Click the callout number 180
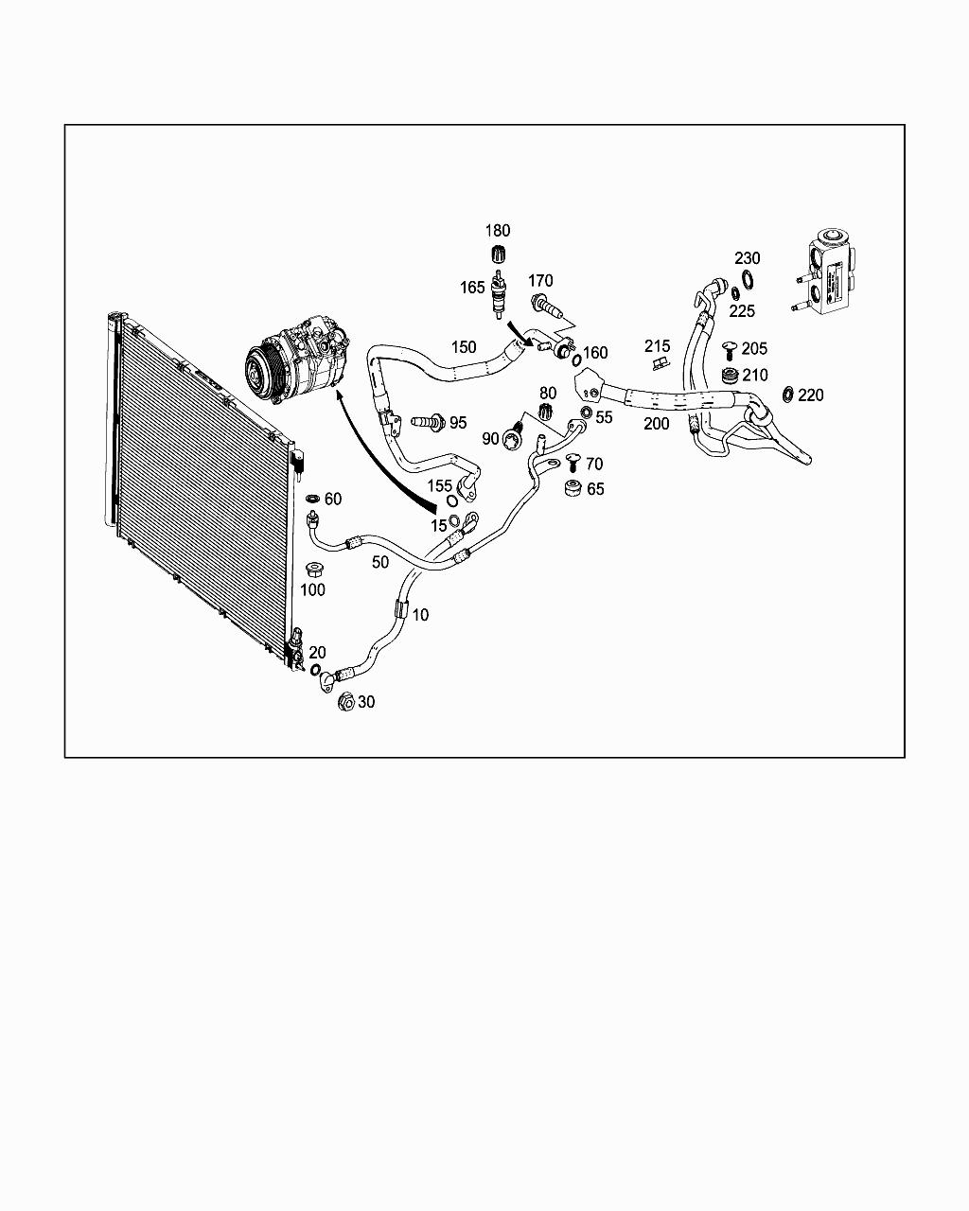pyautogui.click(x=498, y=231)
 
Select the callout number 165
pyautogui.click(x=472, y=287)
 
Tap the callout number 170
pyautogui.click(x=540, y=281)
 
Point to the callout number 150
pyautogui.click(x=464, y=347)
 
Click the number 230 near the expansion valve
pyautogui.click(x=748, y=258)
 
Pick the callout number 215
pyautogui.click(x=658, y=346)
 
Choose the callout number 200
pyautogui.click(x=657, y=424)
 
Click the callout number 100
pyautogui.click(x=312, y=589)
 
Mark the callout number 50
pyautogui.click(x=380, y=562)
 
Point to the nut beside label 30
pyautogui.click(x=346, y=702)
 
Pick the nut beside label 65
pyautogui.click(x=572, y=488)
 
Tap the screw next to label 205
pyautogui.click(x=729, y=349)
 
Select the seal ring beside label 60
pyautogui.click(x=313, y=499)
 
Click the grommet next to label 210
pyautogui.click(x=730, y=377)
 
